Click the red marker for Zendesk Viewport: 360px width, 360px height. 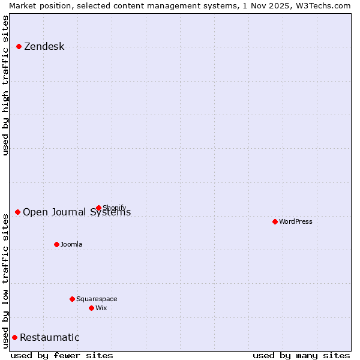click(19, 46)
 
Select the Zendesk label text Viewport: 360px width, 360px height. click(44, 47)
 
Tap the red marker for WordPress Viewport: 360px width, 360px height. click(275, 221)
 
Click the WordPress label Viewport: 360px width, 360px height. click(295, 221)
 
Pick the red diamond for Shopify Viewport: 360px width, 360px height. click(98, 208)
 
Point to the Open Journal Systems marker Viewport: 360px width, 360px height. click(17, 212)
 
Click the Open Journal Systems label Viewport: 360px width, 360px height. click(77, 212)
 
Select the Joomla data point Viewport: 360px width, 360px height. click(56, 244)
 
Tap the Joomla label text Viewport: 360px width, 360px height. click(71, 244)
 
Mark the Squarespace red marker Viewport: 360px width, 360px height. click(72, 299)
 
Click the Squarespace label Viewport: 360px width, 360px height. click(97, 299)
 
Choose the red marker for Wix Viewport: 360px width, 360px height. click(91, 308)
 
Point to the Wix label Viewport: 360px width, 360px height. click(101, 308)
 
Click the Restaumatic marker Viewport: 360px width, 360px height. click(14, 337)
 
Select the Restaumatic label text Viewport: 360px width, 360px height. click(49, 338)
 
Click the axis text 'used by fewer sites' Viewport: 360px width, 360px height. click(62, 355)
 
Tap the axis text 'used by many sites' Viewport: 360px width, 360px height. click(301, 355)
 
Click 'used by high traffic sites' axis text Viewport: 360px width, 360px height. click(5, 85)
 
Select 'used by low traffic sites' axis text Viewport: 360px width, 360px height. click(5, 281)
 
